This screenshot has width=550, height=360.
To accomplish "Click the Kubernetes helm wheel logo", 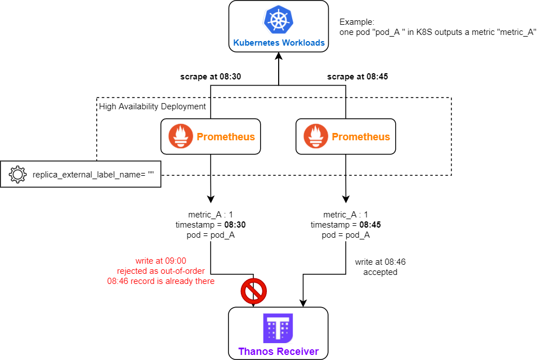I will pos(278,20).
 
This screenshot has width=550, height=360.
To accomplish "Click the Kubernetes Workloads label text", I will pos(279,43).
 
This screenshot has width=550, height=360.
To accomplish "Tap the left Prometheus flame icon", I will pos(181,137).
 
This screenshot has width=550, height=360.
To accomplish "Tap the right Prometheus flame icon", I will pos(316,137).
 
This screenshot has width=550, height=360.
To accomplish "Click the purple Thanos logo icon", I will pos(278,329).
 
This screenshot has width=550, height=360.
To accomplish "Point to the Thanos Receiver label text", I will pos(278,352).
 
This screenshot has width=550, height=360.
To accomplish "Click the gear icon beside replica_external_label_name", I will pos(17,175).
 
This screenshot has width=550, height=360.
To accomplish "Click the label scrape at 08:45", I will pos(357,77).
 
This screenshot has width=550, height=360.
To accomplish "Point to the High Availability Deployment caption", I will pos(153,106).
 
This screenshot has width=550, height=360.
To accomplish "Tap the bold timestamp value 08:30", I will pos(235,225).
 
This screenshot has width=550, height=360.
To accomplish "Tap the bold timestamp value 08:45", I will pos(370,225).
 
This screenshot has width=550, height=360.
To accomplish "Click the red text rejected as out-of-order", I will pos(160,271).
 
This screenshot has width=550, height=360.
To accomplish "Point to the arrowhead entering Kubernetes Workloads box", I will pos(278,57).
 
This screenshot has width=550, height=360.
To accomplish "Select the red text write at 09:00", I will pos(160,261).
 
